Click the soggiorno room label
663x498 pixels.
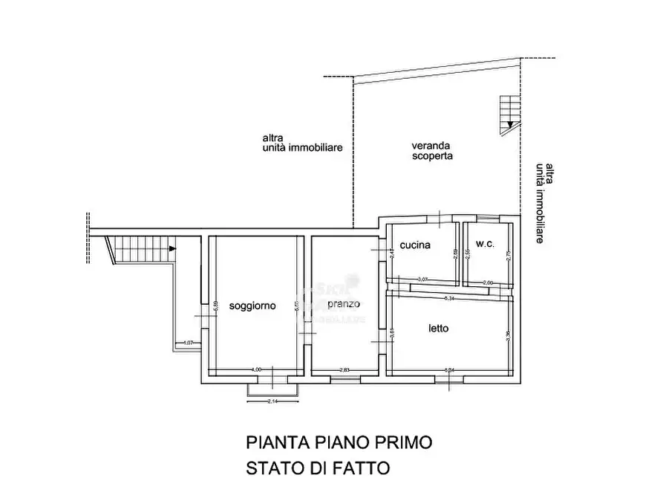[253, 306]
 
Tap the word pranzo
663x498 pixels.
[343, 305]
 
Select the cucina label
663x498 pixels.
[415, 245]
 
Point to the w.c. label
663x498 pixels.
[485, 245]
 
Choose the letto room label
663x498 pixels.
[438, 328]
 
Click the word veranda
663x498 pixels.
[432, 146]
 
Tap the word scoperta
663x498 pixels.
[433, 157]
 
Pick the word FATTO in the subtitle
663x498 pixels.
[362, 468]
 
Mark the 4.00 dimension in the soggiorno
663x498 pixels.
[256, 369]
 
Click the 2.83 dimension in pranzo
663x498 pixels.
[344, 369]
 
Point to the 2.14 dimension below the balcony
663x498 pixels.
[272, 402]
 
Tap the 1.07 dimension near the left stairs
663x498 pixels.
[188, 343]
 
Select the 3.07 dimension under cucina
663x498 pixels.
[423, 279]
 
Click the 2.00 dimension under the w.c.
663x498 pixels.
[488, 282]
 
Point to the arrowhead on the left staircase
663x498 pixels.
[173, 248]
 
